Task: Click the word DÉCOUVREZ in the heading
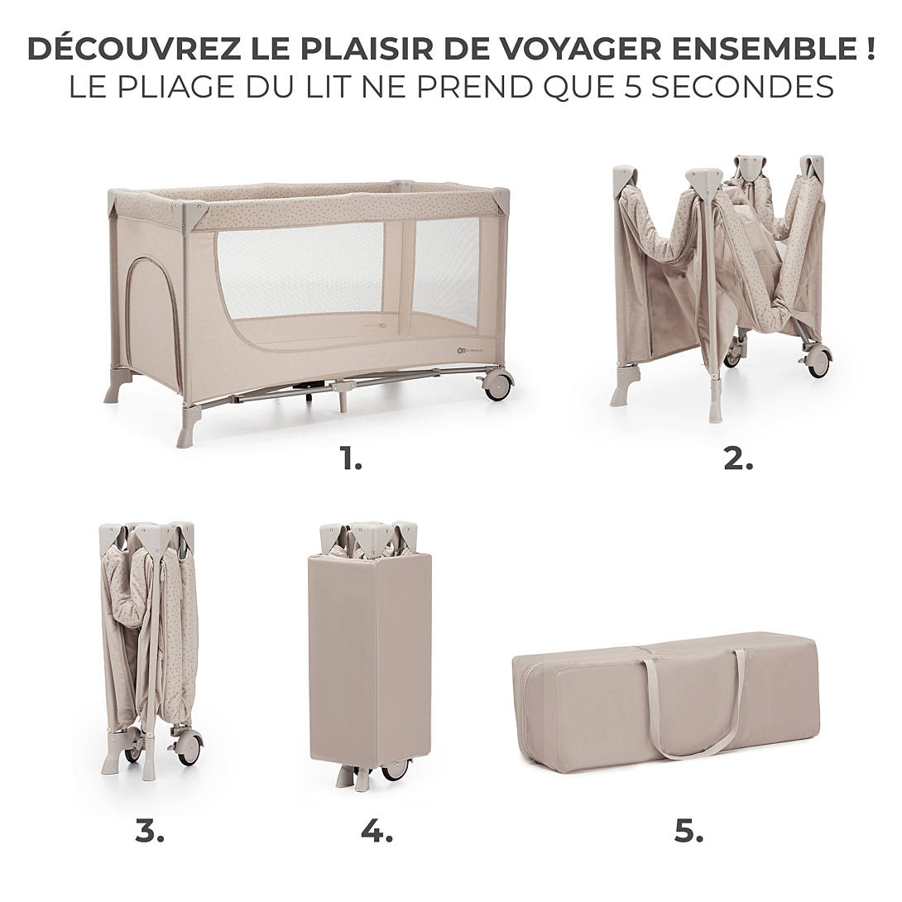[133, 49]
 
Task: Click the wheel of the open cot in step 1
[497, 385]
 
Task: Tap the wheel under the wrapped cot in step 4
[395, 769]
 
